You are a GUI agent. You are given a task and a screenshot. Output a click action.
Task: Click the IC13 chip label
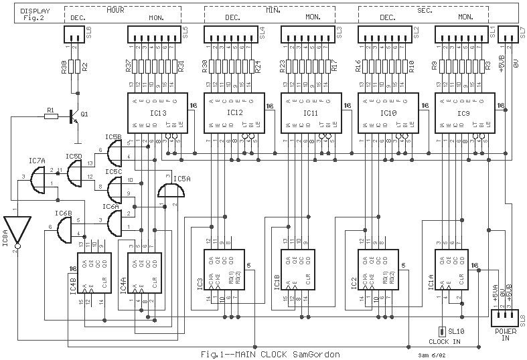(x=155, y=113)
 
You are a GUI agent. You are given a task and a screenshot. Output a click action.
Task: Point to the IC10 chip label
(x=388, y=113)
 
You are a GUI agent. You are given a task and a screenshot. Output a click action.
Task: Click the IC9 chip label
(x=464, y=113)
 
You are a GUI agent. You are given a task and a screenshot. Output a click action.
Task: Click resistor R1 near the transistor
(x=50, y=116)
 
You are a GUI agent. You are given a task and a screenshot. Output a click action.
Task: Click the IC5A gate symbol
(x=171, y=192)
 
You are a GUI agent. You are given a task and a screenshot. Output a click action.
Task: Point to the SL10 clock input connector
(x=442, y=331)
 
